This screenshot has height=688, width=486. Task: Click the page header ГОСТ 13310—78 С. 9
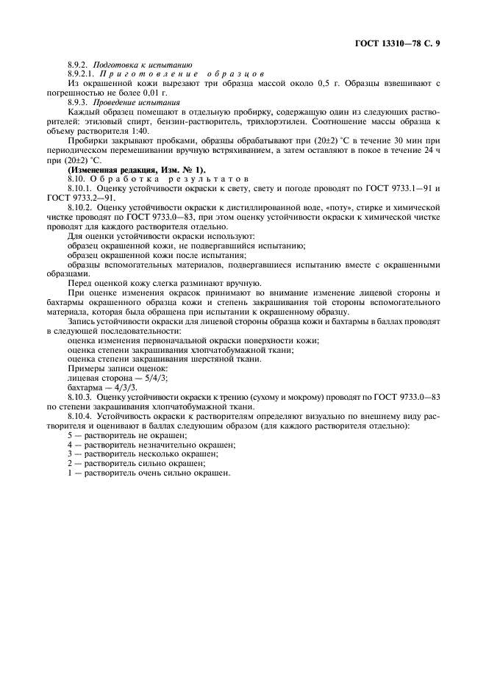click(x=399, y=43)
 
